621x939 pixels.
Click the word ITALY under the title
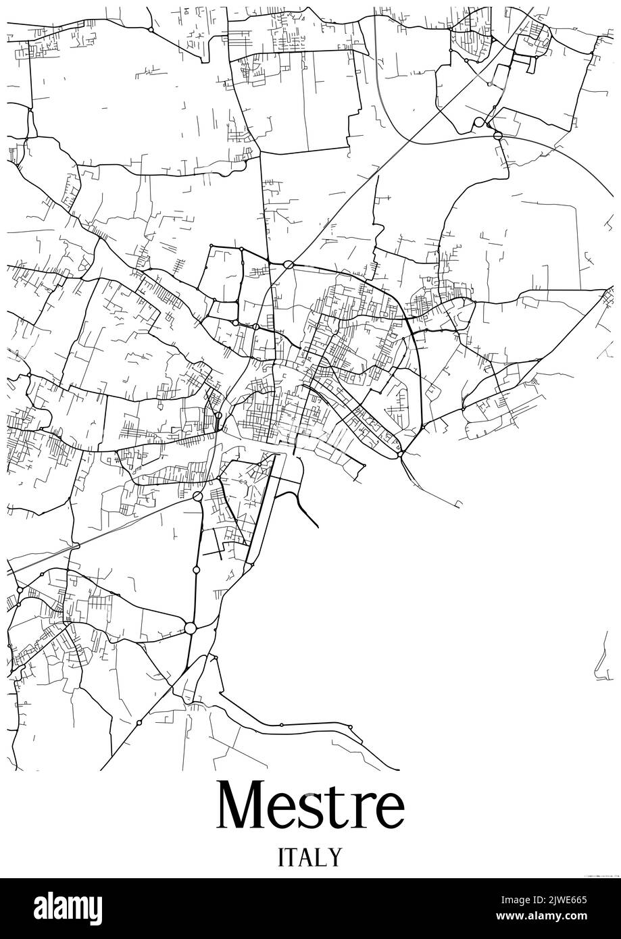coord(310,857)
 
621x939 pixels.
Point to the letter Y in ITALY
coord(336,857)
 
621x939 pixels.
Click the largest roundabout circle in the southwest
coord(190,629)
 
